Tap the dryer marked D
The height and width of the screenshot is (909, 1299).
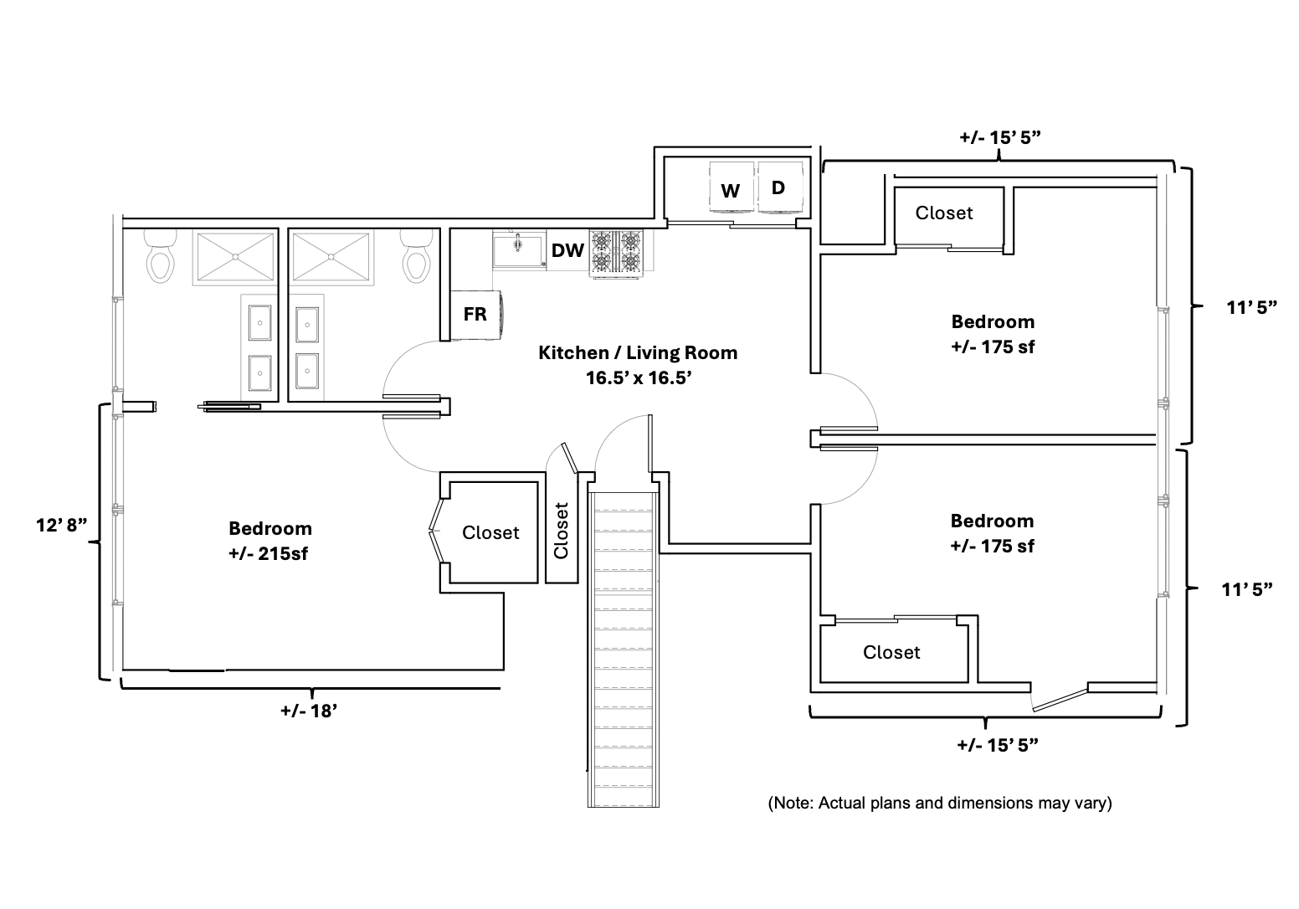tap(779, 187)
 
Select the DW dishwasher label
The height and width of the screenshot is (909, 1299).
tap(567, 250)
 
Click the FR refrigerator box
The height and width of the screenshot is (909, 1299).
tap(475, 315)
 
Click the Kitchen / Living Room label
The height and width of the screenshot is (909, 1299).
tap(637, 352)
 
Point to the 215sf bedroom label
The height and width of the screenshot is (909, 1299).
tap(270, 541)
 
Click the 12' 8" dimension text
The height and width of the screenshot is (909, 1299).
tap(62, 525)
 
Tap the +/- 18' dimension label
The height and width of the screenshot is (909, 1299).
tap(309, 711)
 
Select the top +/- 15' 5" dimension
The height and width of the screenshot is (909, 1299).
tap(999, 136)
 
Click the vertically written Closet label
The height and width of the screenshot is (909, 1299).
tap(561, 530)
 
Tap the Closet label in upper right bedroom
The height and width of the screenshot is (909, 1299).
tap(944, 213)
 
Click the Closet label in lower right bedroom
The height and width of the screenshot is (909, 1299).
tap(891, 652)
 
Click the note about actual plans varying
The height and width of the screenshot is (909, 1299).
tap(940, 803)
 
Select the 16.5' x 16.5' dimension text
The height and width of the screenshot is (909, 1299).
tap(638, 377)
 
